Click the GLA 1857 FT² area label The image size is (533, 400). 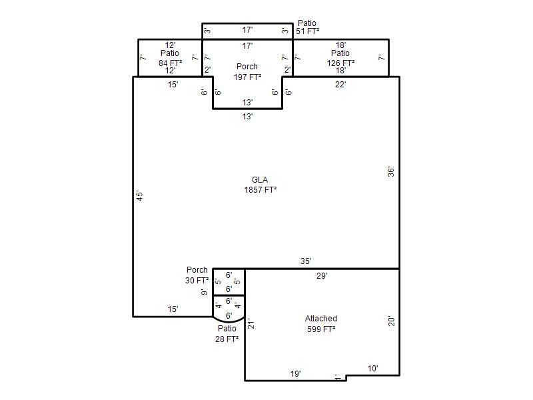[x=260, y=185]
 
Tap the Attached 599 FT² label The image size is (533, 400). [x=321, y=323]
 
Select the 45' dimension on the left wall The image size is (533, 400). [x=139, y=195]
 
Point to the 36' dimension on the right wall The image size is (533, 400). [x=391, y=172]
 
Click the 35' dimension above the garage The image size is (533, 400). [x=306, y=261]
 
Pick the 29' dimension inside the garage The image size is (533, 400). [x=322, y=275]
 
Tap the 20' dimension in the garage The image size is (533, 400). [x=391, y=321]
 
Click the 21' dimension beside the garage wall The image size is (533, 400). [x=251, y=323]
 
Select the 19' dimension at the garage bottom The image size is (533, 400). [x=295, y=374]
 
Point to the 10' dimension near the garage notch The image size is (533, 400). [x=372, y=369]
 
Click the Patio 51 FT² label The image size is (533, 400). [x=307, y=27]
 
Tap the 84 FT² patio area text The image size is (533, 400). [x=170, y=63]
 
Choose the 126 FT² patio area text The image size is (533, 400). [x=340, y=63]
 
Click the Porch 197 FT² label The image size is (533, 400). [x=247, y=72]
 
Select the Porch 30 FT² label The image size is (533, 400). [x=197, y=275]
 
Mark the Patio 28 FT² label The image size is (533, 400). [x=227, y=334]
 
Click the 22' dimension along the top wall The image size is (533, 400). [x=340, y=85]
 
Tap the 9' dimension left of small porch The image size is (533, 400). [x=204, y=292]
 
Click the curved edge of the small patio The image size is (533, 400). [x=229, y=321]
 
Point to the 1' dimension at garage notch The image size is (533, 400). [x=336, y=377]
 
